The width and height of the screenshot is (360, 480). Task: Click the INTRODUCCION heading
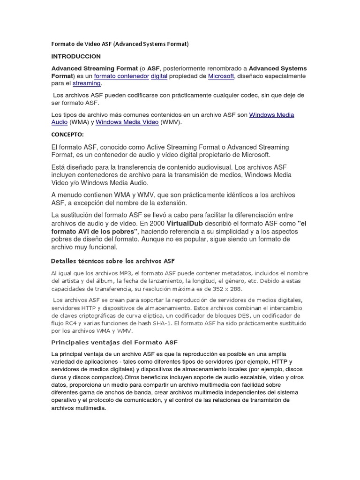(76, 56)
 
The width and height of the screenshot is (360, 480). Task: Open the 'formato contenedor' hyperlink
(121, 76)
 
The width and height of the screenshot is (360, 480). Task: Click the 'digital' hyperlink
(159, 76)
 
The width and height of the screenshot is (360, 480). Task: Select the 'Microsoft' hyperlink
(220, 76)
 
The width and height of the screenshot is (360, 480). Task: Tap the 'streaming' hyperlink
(87, 83)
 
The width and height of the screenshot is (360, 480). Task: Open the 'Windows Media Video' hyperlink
(127, 122)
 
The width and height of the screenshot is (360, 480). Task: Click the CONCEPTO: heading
(67, 135)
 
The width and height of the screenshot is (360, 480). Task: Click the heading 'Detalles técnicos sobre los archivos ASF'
(112, 261)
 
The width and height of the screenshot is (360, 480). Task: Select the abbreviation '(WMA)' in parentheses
(78, 122)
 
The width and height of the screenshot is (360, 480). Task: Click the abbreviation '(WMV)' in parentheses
(170, 122)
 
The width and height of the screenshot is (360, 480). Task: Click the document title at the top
(120, 44)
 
